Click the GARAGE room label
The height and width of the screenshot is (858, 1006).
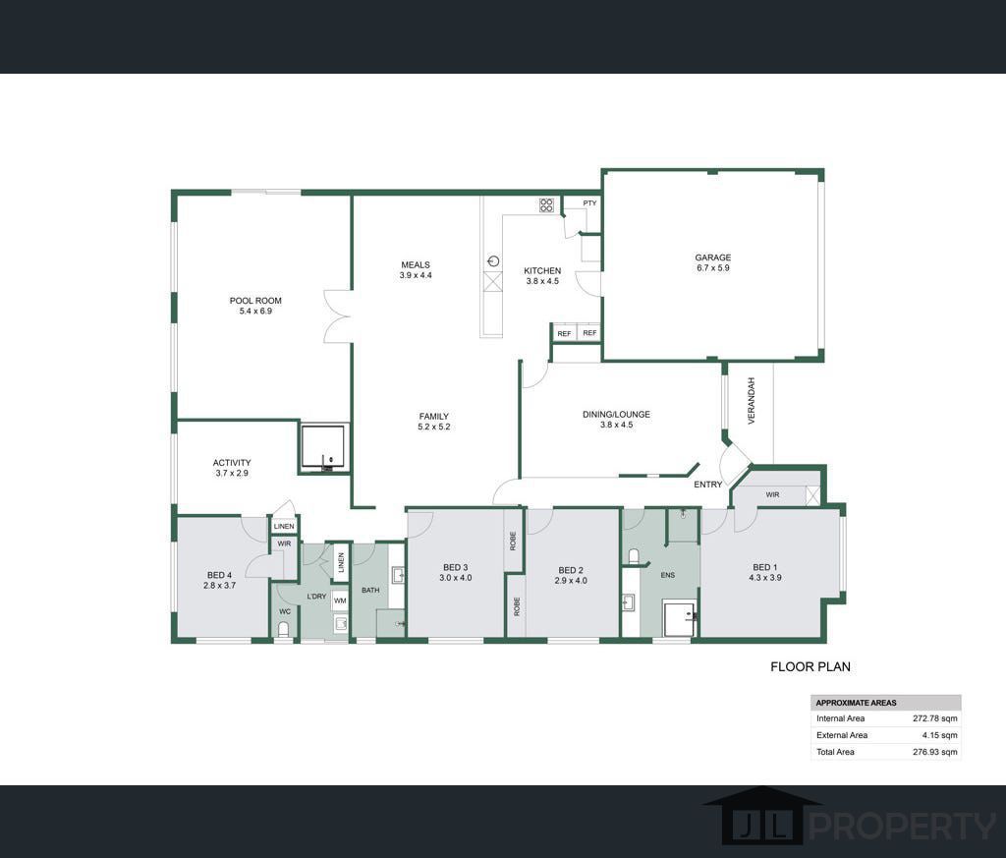tap(713, 257)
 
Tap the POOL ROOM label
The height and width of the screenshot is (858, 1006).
tap(255, 301)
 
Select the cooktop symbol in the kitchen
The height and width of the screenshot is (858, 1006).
tap(546, 205)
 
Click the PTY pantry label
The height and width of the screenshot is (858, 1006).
tap(589, 202)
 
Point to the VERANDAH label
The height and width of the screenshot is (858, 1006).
tap(752, 401)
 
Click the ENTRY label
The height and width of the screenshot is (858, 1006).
tap(707, 485)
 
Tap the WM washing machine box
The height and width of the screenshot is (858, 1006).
tap(340, 601)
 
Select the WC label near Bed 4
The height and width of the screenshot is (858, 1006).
tap(285, 611)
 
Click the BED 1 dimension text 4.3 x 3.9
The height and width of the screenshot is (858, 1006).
tap(764, 578)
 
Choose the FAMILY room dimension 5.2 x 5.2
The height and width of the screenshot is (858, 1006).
tap(433, 427)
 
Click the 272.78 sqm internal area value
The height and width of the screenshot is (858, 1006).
tap(935, 718)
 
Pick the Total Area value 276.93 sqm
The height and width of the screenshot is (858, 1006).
tap(935, 752)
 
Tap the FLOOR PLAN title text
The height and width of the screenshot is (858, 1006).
tap(810, 666)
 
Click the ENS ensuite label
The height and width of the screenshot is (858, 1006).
tap(668, 575)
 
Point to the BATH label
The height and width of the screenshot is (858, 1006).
tap(370, 591)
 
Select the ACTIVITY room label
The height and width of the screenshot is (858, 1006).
tap(232, 463)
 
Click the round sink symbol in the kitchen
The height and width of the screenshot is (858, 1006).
tap(493, 260)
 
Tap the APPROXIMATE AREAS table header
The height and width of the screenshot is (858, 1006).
tap(856, 703)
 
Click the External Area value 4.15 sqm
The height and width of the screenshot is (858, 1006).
tap(939, 735)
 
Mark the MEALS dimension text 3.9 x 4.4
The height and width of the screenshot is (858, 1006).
tap(416, 275)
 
